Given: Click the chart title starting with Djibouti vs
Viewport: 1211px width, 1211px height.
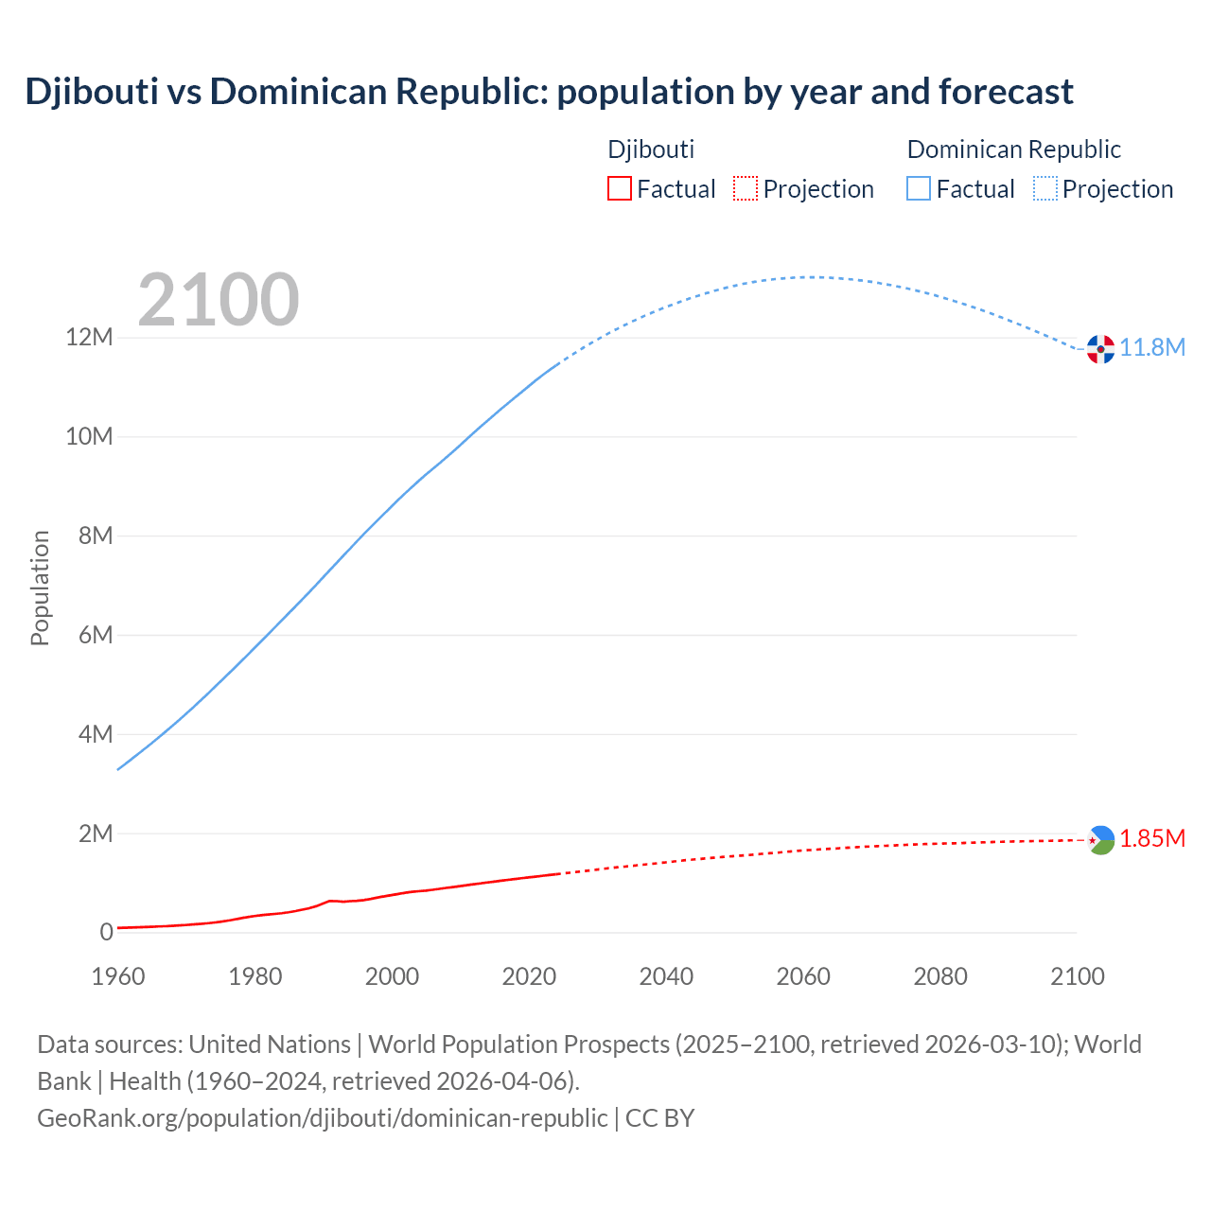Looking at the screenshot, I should pyautogui.click(x=549, y=92).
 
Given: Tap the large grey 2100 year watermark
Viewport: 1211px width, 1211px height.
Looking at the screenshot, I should pyautogui.click(x=219, y=300).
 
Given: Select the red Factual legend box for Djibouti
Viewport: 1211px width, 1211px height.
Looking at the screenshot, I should pyautogui.click(x=620, y=189).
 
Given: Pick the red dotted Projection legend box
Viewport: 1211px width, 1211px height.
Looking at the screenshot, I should pyautogui.click(x=746, y=189).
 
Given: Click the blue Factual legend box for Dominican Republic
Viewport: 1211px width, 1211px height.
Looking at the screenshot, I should pyautogui.click(x=919, y=189).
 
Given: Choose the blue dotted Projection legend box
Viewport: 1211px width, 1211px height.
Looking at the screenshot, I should pyautogui.click(x=1045, y=189).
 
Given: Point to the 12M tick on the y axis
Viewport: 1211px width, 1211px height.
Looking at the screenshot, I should pyautogui.click(x=89, y=338).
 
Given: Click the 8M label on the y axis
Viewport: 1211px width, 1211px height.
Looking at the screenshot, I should pyautogui.click(x=95, y=536).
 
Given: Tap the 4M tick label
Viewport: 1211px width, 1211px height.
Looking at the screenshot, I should pyautogui.click(x=95, y=735).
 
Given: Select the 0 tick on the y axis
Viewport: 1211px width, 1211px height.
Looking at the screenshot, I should pyautogui.click(x=106, y=933).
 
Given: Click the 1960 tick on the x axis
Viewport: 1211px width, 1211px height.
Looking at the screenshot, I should pyautogui.click(x=118, y=976).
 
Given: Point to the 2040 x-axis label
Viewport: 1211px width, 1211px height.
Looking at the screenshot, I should pyautogui.click(x=666, y=976).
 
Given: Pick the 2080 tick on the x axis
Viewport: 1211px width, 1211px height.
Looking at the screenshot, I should pyautogui.click(x=940, y=976).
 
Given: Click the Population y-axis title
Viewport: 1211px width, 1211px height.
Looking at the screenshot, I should pyautogui.click(x=40, y=588).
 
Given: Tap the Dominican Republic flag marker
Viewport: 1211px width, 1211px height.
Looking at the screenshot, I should pyautogui.click(x=1100, y=349).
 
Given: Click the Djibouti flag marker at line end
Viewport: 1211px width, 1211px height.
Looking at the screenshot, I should pyautogui.click(x=1100, y=840).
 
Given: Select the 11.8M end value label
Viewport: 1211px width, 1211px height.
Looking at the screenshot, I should pyautogui.click(x=1152, y=348).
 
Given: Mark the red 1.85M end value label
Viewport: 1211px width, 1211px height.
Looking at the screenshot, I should pyautogui.click(x=1152, y=839).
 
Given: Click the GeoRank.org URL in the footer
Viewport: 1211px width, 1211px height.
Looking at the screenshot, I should pyautogui.click(x=323, y=1118).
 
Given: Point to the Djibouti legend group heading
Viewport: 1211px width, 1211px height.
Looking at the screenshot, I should pyautogui.click(x=651, y=149).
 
